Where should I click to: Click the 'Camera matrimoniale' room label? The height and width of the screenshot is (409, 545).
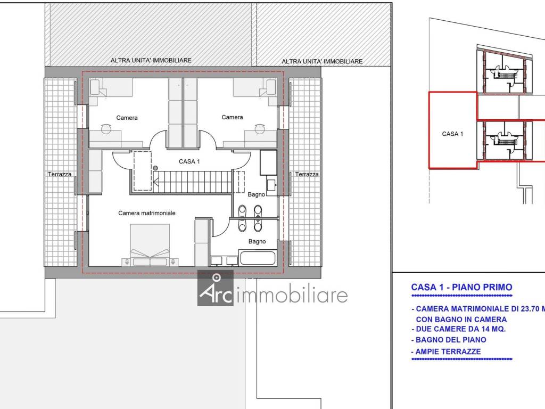tap(147, 213)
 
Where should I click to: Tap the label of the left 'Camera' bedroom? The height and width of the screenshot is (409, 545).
tap(127, 118)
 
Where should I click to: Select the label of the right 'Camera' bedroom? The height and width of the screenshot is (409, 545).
tap(232, 117)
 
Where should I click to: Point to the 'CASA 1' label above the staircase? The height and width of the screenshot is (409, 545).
tap(189, 161)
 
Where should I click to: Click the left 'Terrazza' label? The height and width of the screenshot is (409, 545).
tap(60, 174)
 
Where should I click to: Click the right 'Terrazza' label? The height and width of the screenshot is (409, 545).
tap(307, 174)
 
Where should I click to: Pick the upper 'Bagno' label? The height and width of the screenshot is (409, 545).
tap(256, 195)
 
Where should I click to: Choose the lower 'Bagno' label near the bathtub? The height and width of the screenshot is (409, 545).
tap(257, 241)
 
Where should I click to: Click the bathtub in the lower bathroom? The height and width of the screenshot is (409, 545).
tap(258, 258)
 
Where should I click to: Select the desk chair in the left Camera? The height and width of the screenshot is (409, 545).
tap(106, 129)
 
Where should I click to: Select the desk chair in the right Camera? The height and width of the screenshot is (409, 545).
tap(259, 129)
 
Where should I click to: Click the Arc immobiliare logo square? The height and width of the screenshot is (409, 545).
tap(216, 288)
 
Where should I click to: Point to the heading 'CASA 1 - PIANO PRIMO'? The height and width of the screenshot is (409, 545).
tap(461, 287)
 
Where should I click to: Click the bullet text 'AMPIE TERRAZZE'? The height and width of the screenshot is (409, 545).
tap(448, 351)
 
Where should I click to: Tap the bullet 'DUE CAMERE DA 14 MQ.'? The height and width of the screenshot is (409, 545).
tap(458, 329)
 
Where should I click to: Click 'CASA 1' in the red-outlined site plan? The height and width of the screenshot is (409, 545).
tap(452, 134)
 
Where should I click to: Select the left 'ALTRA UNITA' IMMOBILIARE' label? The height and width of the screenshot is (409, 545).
tap(151, 60)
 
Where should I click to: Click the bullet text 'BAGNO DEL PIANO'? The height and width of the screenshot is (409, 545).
tap(449, 340)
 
